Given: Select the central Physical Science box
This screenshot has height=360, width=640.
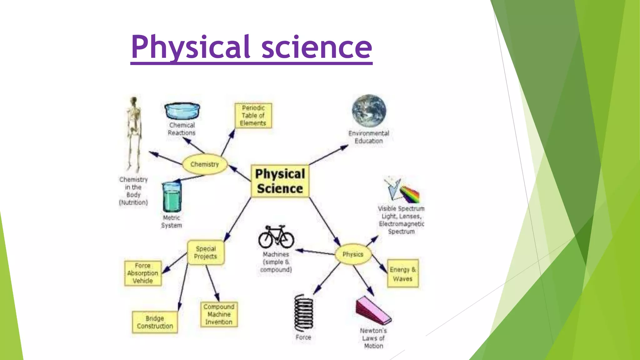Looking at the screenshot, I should [x=280, y=181].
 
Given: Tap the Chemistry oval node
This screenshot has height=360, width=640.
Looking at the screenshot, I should [x=205, y=164].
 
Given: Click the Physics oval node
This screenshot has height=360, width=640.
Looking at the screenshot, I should [x=353, y=254].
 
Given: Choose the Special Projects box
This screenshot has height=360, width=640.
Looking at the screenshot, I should [x=206, y=252].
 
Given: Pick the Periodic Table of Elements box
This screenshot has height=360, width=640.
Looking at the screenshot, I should [x=253, y=115].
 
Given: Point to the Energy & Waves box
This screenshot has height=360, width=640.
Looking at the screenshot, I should [x=402, y=274].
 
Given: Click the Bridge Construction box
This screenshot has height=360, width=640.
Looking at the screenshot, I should [x=155, y=322].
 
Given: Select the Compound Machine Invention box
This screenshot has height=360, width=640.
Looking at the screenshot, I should [x=219, y=314].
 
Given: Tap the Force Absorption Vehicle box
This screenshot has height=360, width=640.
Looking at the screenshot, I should [x=143, y=273].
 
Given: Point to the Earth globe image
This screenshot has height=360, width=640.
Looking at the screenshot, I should [x=369, y=111].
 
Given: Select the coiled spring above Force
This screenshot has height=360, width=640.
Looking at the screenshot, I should [x=303, y=312].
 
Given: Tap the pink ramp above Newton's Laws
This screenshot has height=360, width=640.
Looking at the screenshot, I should [x=373, y=311].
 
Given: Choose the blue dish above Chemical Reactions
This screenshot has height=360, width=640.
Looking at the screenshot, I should [x=182, y=111].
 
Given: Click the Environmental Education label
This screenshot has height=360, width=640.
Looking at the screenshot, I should [x=369, y=137].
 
